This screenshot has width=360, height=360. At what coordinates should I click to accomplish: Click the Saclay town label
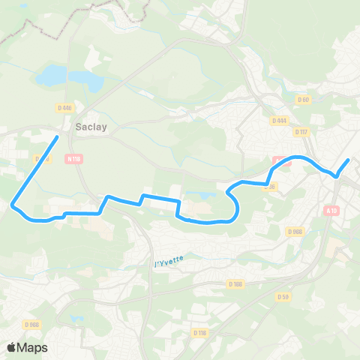click(91, 127)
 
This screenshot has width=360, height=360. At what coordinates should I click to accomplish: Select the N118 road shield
click(73, 158)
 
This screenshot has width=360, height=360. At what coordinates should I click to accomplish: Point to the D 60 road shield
click(303, 99)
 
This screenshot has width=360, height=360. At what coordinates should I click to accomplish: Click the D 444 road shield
click(280, 120)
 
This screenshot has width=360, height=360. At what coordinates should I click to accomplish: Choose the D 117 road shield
click(301, 132)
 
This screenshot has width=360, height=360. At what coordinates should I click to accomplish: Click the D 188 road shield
click(235, 283)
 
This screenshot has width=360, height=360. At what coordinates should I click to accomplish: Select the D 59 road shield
click(283, 296)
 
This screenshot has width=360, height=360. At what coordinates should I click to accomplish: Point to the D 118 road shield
click(199, 332)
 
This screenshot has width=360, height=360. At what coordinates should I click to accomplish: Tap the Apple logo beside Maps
click(13, 347)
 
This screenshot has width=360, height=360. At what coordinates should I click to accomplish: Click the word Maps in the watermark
click(34, 347)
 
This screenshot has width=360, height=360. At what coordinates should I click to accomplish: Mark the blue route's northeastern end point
click(348, 160)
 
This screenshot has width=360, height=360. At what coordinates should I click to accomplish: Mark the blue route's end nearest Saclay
click(58, 137)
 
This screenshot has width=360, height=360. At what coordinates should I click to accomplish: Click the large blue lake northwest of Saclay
click(52, 75)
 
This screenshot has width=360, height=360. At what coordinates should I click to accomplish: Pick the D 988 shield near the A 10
click(295, 232)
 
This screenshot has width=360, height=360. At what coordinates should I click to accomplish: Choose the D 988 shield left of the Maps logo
click(31, 324)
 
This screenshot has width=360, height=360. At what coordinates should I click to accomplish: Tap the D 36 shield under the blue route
click(270, 187)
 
